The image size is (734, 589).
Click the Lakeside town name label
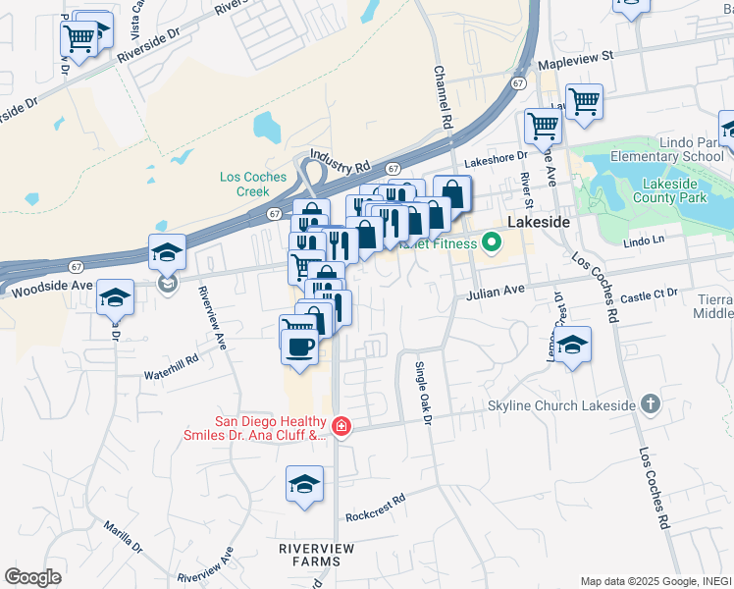pyautogui.click(x=538, y=223)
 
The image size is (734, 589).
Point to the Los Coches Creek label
pyautogui.click(x=253, y=184)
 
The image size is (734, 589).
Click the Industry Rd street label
pyautogui.click(x=340, y=156)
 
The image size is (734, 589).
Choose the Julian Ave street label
pyautogui.click(x=495, y=292)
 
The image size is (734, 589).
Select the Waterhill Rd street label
pyautogui.click(x=171, y=374)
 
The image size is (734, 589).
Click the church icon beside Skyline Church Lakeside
pyautogui.click(x=650, y=403)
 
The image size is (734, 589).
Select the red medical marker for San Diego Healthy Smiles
pyautogui.click(x=341, y=426)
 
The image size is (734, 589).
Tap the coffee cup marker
pyautogui.click(x=299, y=346)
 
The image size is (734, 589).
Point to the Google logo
pyautogui.click(x=33, y=577)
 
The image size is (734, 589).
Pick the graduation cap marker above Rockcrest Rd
pyautogui.click(x=304, y=483)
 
